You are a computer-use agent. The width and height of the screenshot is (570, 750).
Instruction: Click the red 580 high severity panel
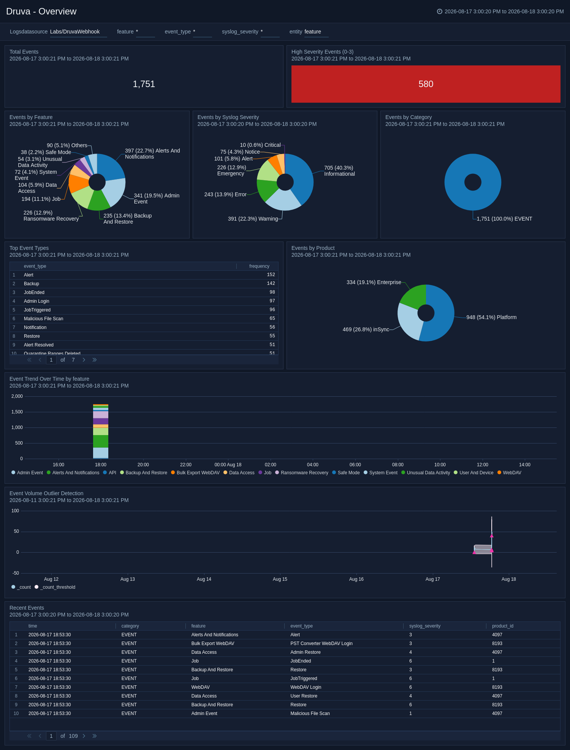coord(426,84)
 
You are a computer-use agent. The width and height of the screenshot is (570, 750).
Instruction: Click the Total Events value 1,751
coord(144,84)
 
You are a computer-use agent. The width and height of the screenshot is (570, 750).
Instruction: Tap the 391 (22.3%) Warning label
coord(253,219)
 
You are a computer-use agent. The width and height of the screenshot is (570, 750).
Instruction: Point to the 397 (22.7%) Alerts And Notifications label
coord(152,154)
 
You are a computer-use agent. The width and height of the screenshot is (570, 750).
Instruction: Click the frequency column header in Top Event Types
coord(259,266)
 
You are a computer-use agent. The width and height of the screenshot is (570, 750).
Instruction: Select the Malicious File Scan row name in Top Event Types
coord(44,319)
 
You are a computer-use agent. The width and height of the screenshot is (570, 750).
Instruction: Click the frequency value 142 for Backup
coord(271,283)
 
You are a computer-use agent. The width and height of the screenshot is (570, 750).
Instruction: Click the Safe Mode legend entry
coord(346,473)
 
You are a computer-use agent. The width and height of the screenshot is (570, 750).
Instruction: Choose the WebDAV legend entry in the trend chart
coord(509,473)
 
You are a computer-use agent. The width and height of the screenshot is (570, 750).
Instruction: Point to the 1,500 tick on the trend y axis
coord(17,412)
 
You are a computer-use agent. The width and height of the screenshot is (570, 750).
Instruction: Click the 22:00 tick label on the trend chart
coord(186,465)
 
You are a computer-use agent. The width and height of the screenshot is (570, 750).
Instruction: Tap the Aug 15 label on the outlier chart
coord(280,579)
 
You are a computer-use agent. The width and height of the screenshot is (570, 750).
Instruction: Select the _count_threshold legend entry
coord(55,587)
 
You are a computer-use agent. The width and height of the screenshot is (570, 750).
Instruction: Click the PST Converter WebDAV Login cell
coord(321,644)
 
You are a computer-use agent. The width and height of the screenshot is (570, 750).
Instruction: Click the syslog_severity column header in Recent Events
coord(425,626)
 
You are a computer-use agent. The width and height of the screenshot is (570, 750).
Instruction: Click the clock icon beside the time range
coord(440,11)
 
